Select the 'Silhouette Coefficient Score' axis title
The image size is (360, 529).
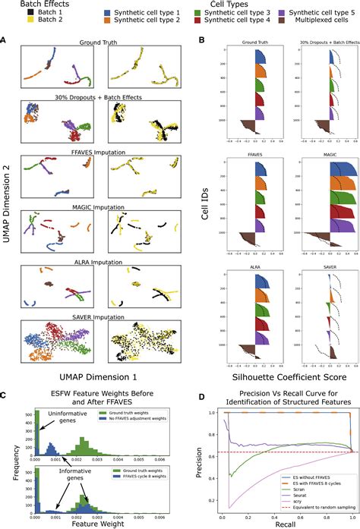click(x=276, y=376)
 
